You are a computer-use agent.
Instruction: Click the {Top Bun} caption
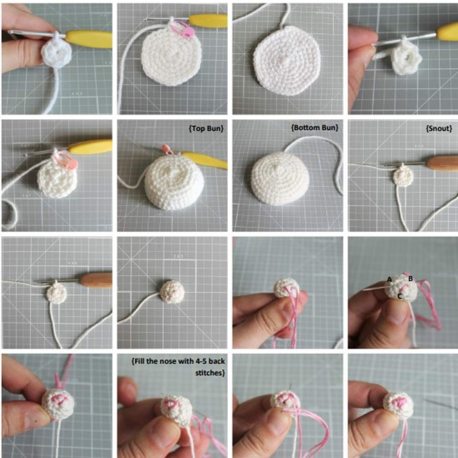tap(206, 129)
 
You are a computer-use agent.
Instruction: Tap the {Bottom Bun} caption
tap(315, 128)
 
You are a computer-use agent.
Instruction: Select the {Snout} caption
tap(439, 129)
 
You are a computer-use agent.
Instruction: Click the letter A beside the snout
tap(389, 279)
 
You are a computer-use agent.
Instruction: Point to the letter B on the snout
tap(410, 278)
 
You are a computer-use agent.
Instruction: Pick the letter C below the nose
tap(399, 296)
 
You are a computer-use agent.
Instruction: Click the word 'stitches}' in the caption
tap(210, 373)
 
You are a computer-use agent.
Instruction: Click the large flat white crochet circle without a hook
tap(287, 60)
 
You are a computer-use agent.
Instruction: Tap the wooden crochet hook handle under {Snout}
tap(442, 163)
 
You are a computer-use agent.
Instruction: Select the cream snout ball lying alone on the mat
tap(172, 291)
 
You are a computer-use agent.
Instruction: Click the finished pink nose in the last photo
tap(399, 401)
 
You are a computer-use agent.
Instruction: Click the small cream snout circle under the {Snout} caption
tap(403, 177)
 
